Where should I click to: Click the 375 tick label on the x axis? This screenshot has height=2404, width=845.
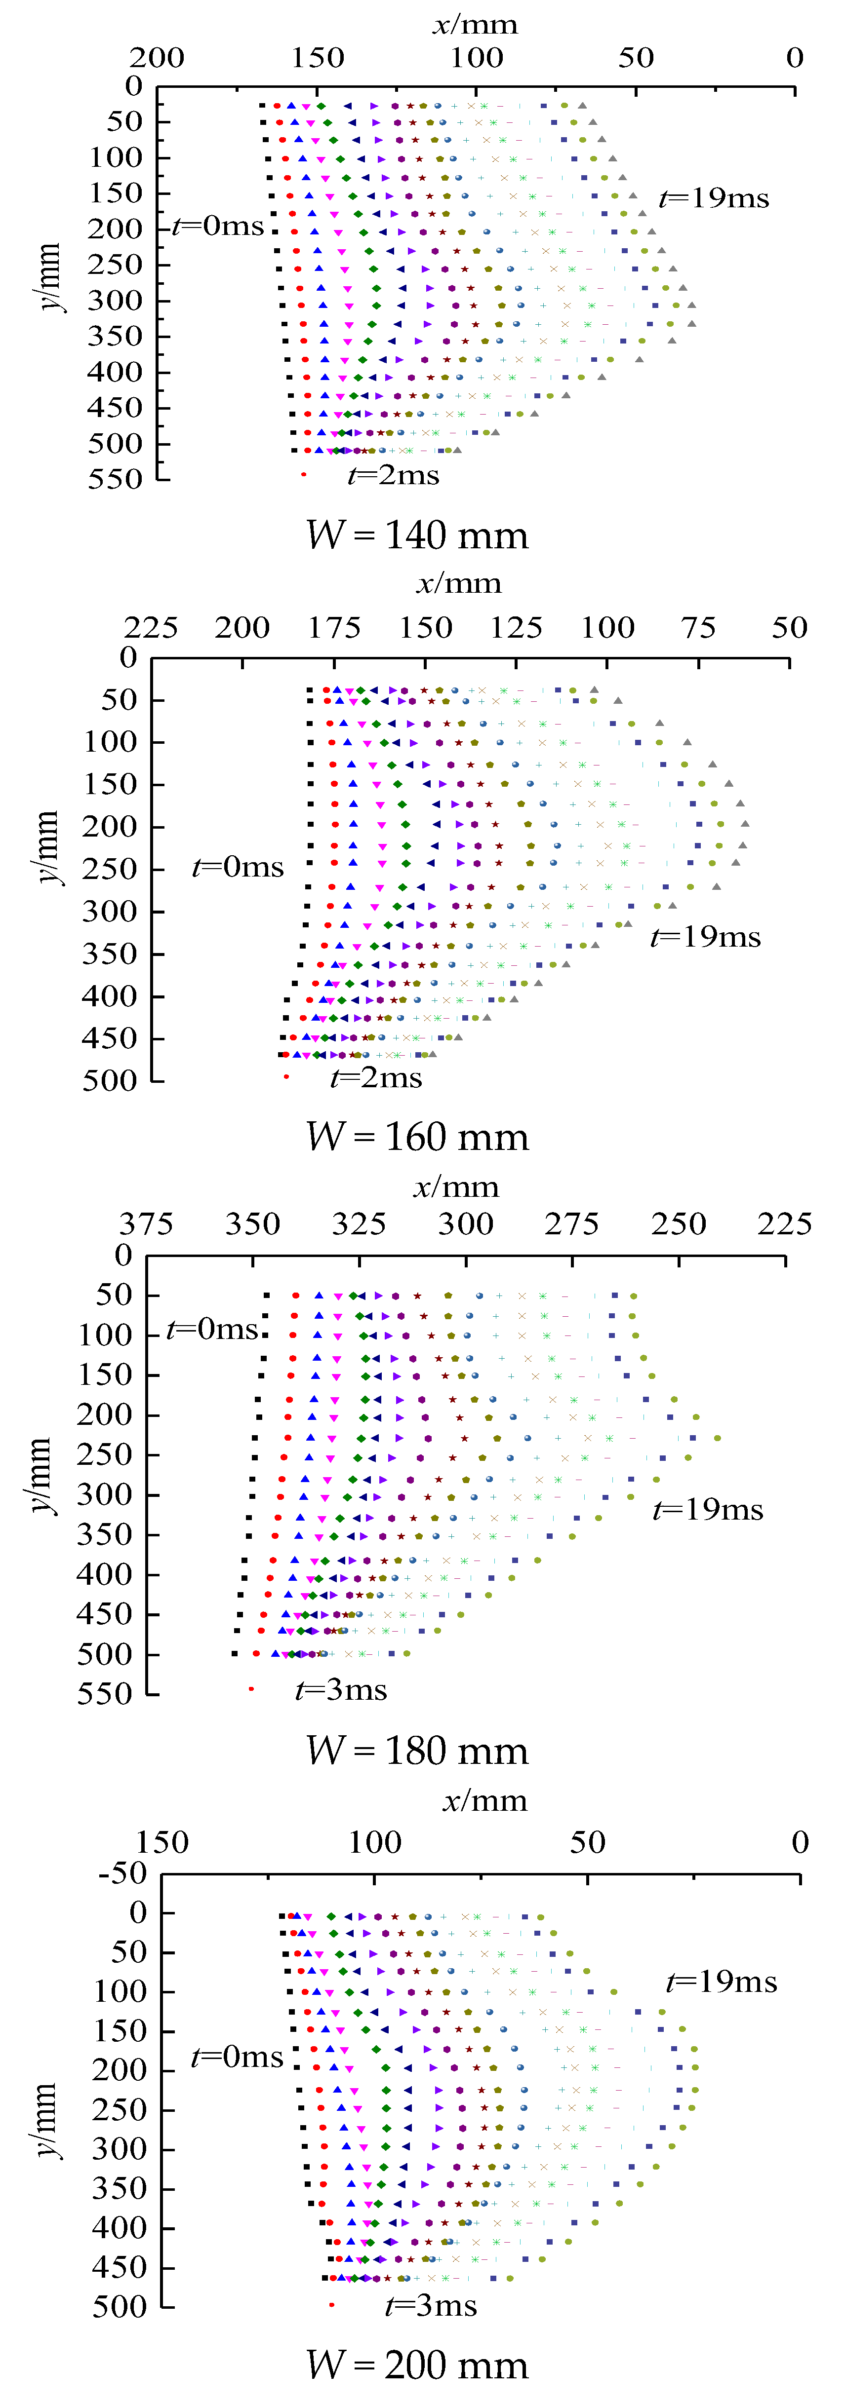point(147,1223)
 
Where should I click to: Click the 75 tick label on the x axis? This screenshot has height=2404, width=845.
point(698,627)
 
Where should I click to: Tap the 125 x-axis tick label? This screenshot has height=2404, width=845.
point(517,627)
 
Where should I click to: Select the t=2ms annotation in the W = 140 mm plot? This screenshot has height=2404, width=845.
point(393,476)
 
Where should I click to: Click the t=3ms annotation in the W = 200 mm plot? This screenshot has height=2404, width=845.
point(431,2306)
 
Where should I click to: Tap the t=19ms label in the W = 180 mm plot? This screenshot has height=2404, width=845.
point(708,1509)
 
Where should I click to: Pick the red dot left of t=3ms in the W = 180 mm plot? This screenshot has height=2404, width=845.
point(251,1689)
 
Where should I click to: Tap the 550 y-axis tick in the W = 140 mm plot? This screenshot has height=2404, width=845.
point(115,480)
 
